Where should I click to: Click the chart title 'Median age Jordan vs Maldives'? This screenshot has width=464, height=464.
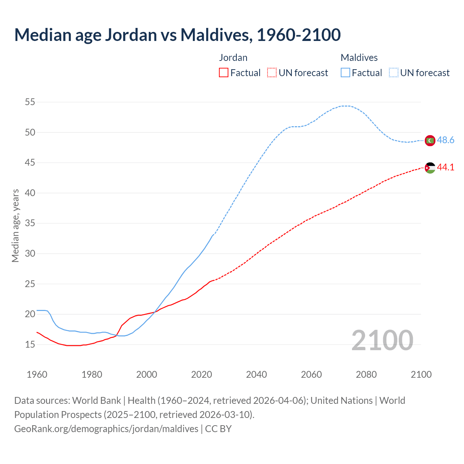point(177,35)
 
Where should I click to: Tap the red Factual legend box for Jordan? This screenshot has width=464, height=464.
point(224,73)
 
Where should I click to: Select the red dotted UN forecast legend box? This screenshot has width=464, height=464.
point(272,73)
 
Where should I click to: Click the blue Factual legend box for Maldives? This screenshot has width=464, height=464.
point(345,73)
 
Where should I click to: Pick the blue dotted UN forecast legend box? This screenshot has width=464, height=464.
point(394,73)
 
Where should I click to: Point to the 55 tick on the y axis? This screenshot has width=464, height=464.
point(30,102)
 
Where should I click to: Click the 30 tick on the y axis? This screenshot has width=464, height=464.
point(30,254)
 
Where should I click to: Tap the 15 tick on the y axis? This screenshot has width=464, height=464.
point(30,344)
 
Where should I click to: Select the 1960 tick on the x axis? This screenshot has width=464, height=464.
point(37,374)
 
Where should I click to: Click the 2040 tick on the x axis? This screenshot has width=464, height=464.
point(256,374)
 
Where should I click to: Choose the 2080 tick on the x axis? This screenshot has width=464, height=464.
point(366,374)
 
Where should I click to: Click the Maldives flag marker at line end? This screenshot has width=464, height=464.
point(430,140)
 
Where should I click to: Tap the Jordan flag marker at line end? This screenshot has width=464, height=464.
point(430,167)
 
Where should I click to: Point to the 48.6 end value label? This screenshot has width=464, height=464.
point(446,140)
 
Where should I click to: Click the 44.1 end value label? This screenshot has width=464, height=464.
point(446,167)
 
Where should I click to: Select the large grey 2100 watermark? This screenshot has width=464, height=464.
point(382,340)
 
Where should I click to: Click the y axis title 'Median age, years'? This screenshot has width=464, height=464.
point(15,225)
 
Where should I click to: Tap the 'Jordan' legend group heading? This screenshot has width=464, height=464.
point(233,58)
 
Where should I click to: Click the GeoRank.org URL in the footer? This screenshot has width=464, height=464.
point(106,429)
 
